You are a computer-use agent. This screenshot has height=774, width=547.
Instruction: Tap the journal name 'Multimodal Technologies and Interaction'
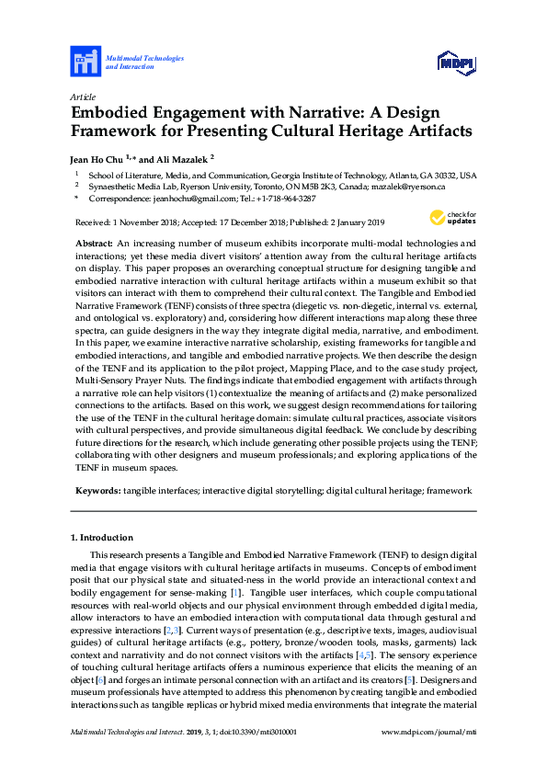(x=144, y=63)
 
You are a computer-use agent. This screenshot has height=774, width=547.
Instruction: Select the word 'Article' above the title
(x=82, y=97)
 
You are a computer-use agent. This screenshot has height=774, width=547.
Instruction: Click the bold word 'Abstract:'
(x=95, y=243)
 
